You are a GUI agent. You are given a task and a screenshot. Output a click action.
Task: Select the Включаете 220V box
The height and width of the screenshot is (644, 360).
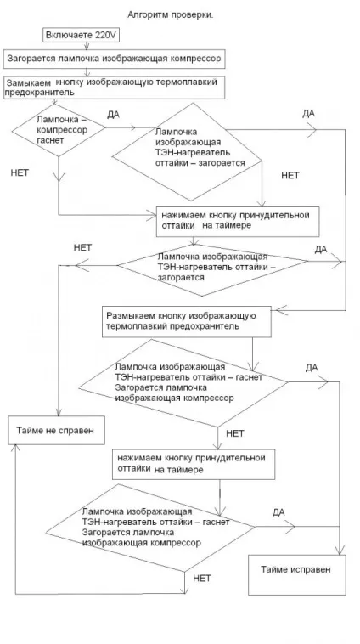click(81, 36)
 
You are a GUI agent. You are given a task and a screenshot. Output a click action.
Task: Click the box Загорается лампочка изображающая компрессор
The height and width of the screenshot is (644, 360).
click(115, 59)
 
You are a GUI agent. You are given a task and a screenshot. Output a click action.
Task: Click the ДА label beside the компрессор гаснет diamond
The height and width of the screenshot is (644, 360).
click(113, 115)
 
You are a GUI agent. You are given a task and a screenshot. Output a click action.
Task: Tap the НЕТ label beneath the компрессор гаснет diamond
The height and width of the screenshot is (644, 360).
click(20, 173)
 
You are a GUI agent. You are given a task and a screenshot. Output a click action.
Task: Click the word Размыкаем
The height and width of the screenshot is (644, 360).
click(128, 316)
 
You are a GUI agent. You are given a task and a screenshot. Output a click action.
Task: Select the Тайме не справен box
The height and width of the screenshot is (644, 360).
click(56, 431)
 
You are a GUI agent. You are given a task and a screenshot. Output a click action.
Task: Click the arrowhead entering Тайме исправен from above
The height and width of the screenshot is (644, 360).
click(340, 551)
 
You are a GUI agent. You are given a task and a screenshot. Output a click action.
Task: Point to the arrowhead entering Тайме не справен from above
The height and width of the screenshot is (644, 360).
click(59, 411)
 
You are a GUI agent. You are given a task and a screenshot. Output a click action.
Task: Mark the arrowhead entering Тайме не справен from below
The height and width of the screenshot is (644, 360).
click(15, 449)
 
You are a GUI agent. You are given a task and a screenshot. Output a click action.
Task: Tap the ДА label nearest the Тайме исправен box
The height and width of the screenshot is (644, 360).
click(278, 512)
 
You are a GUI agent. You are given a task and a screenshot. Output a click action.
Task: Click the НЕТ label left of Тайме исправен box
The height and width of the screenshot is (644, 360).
click(202, 579)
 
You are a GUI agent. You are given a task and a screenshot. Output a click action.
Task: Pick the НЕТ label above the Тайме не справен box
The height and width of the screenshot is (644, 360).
click(82, 248)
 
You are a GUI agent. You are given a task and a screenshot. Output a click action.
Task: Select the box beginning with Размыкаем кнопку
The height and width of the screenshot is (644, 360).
click(186, 322)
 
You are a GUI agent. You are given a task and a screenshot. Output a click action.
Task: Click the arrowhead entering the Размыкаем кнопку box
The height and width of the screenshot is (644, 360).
click(277, 310)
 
